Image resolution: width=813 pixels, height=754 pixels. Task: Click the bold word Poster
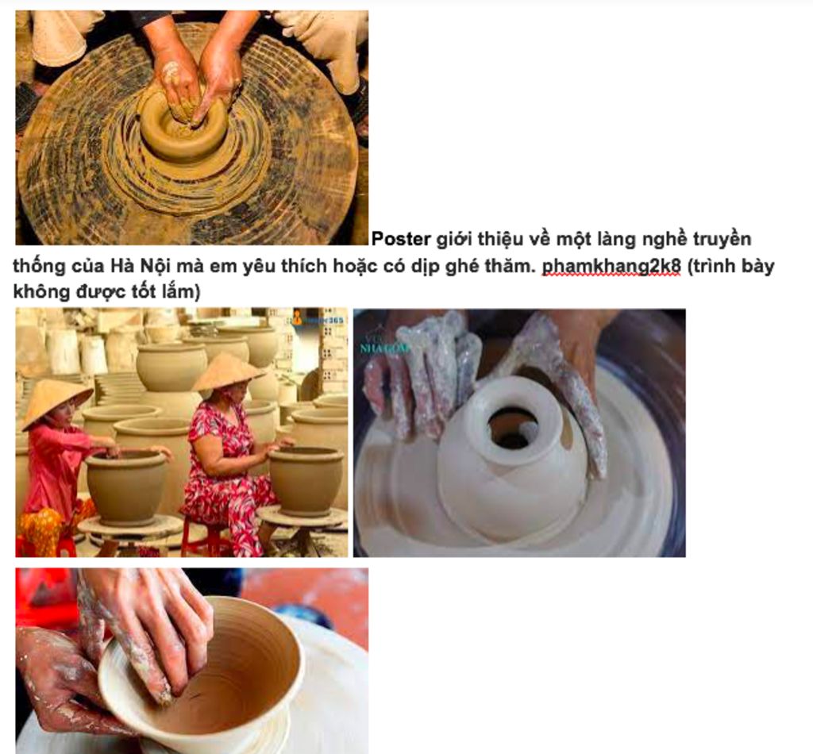tap(402, 239)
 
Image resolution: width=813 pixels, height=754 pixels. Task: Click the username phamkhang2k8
tap(611, 266)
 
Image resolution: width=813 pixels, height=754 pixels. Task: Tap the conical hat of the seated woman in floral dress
tap(227, 370)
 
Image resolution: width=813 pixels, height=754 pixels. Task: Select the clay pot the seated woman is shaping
tap(306, 479)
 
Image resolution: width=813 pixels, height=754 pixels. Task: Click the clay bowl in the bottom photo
tap(206, 667)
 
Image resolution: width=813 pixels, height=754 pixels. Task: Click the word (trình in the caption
tap(713, 266)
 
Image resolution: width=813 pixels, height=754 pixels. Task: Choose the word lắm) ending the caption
tap(182, 292)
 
